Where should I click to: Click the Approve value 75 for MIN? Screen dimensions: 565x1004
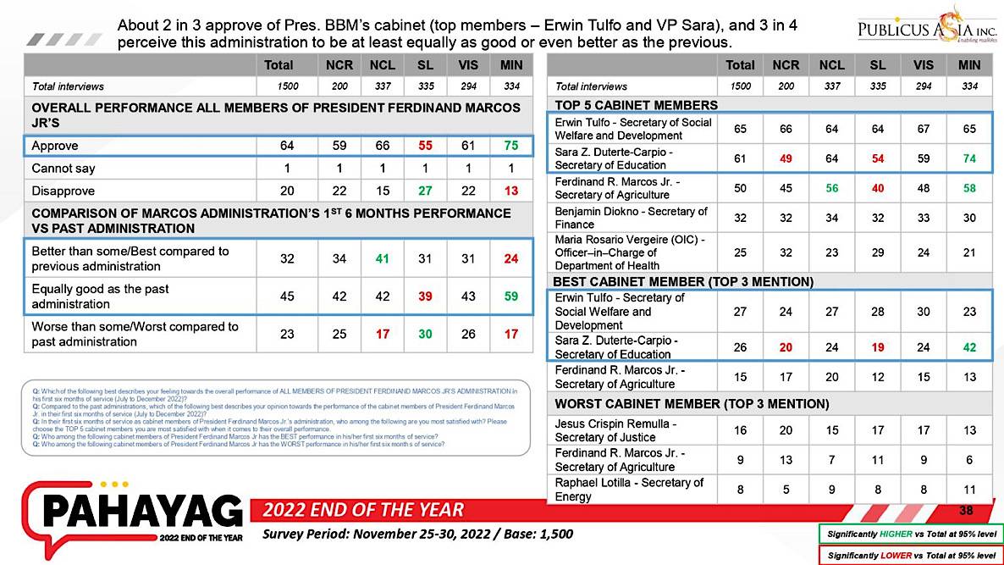point(510,147)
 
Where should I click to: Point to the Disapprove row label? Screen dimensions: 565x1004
point(63,191)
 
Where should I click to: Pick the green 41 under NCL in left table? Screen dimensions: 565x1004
point(382,259)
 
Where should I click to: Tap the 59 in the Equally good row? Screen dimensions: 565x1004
point(510,296)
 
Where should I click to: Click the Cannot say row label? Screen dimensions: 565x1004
point(63,169)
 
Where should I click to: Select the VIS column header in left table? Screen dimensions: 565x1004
point(468,65)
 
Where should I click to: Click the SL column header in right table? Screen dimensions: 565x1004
point(877,65)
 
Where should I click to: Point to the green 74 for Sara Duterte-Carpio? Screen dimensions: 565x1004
point(969,158)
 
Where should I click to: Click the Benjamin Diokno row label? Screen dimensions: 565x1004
point(631,218)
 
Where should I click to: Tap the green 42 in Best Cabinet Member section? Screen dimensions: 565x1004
point(969,346)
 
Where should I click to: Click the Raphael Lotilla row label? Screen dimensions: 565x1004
point(629,489)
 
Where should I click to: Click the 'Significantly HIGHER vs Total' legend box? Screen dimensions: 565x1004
point(910,535)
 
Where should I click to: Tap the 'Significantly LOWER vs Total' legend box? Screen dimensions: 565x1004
point(910,556)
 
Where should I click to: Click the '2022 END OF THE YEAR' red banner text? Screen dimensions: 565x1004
point(363,510)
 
